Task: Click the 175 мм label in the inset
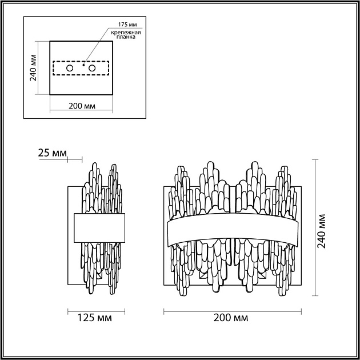pos(127,25)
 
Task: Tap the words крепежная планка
pos(126,34)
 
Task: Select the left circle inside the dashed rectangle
pos(70,68)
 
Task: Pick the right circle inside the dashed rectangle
pos(92,68)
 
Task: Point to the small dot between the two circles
pos(84,65)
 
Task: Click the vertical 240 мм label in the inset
pos(33,68)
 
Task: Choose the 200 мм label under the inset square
pos(82,106)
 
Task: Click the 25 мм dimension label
pos(53,153)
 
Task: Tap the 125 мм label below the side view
pos(95,318)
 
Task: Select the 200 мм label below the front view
pos(231,318)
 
